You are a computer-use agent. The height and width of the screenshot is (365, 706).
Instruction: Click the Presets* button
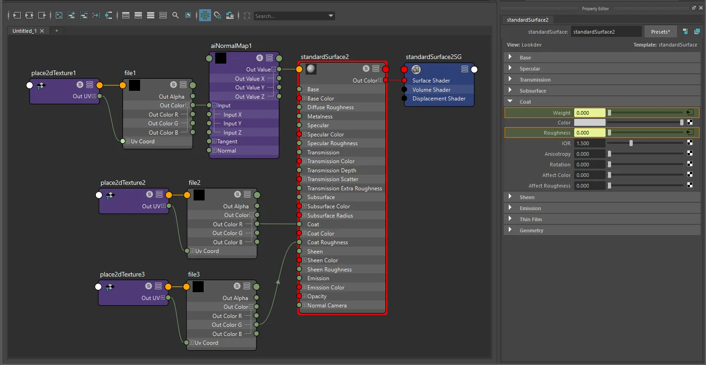[x=660, y=31]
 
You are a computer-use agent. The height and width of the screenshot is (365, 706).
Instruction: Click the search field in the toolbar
[x=290, y=16]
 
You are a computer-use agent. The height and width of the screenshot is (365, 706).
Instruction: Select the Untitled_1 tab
[x=24, y=31]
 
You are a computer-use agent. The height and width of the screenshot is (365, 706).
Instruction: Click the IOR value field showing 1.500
[x=589, y=143]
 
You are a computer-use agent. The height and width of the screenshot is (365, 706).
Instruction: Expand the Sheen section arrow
[x=510, y=197]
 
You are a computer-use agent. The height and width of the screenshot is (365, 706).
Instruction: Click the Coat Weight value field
[x=589, y=112]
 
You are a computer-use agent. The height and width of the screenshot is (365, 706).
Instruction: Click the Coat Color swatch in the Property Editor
[x=589, y=122]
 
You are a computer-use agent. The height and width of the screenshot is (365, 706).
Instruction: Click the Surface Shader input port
[x=404, y=80]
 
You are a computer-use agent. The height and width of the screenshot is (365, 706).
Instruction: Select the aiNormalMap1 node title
[x=231, y=46]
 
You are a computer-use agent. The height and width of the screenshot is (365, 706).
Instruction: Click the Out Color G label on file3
[x=227, y=324]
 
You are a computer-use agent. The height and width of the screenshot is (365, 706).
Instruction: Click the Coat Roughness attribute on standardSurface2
[x=328, y=242]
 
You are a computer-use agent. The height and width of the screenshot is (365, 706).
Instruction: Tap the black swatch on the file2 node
[x=199, y=195]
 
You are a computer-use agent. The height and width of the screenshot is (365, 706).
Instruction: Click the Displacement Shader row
[x=439, y=99]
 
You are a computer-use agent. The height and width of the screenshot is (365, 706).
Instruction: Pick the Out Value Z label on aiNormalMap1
[x=250, y=96]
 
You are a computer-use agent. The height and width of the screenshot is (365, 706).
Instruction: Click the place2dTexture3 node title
[x=122, y=274]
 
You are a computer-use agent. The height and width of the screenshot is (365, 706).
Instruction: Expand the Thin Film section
[x=510, y=219]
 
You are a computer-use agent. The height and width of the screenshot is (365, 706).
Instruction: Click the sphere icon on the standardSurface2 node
[x=311, y=69]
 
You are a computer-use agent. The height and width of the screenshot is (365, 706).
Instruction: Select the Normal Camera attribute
[x=327, y=305]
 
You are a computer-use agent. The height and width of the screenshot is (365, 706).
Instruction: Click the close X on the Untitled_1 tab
[x=42, y=31]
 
